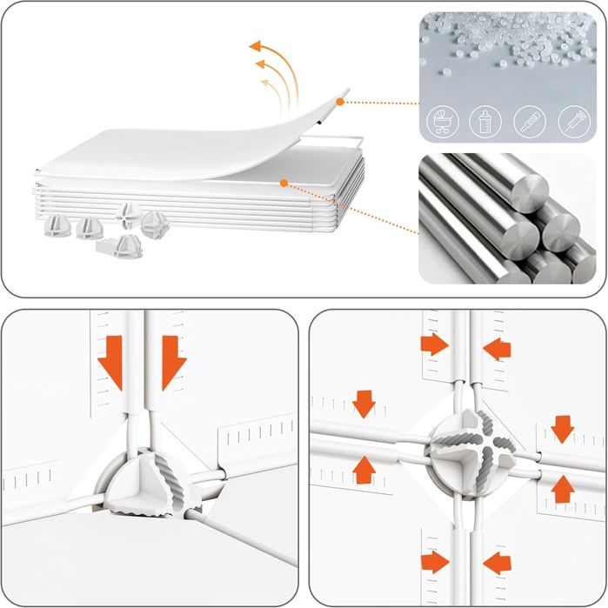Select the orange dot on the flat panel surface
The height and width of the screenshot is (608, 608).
pyautogui.click(x=284, y=183)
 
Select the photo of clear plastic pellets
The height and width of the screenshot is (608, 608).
pyautogui.click(x=507, y=52)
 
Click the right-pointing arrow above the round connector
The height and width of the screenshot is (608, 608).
pyautogui.click(x=434, y=344)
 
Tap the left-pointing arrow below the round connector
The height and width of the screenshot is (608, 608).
pyautogui.click(x=498, y=563)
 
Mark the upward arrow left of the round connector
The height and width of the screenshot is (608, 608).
pyautogui.click(x=364, y=469)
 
